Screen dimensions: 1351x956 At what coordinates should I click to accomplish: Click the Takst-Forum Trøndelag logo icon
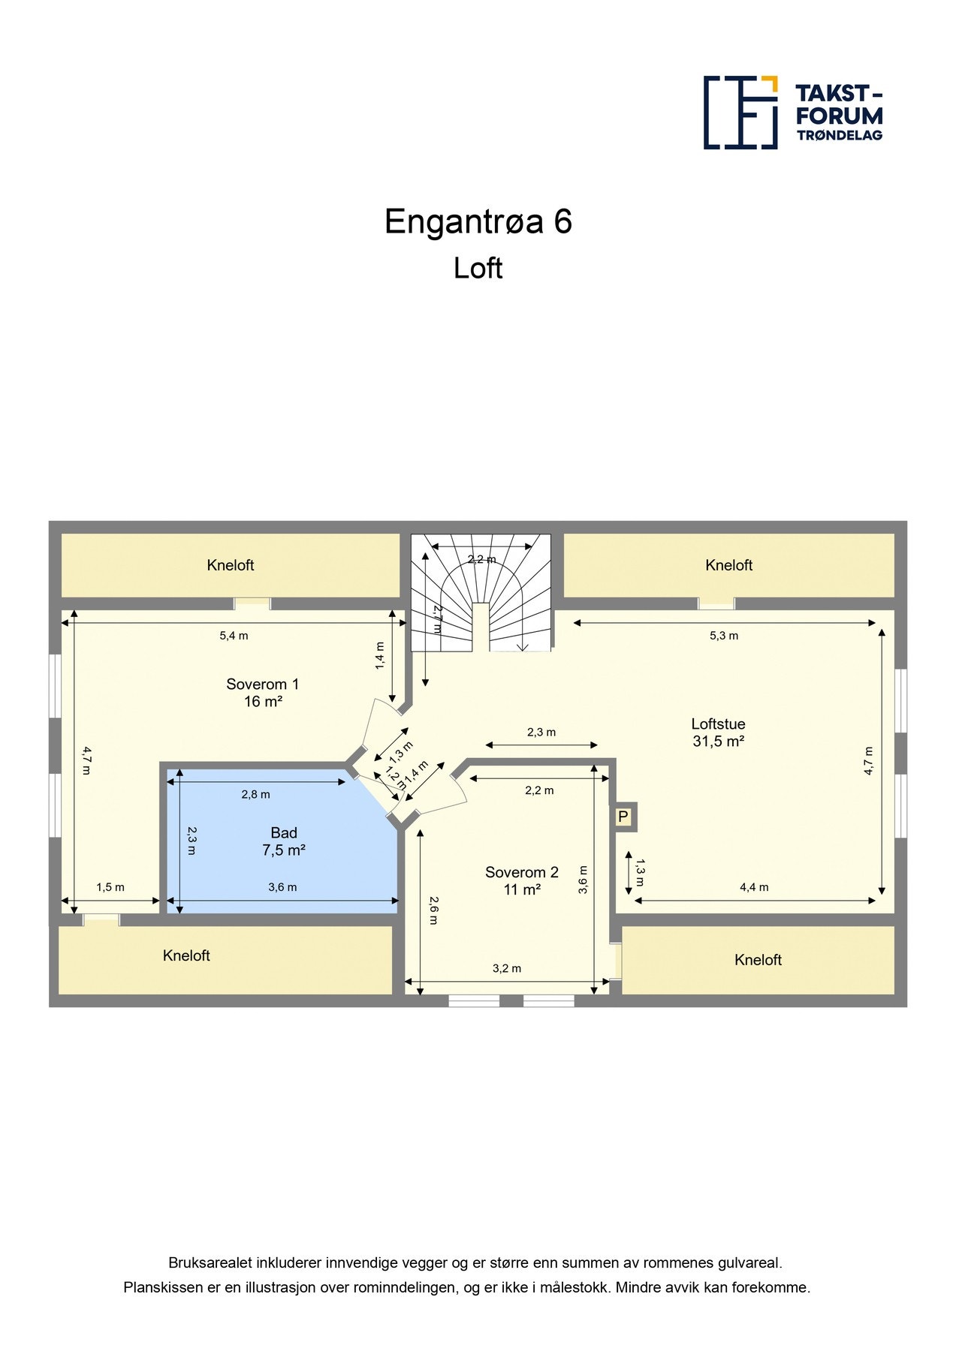pos(740,112)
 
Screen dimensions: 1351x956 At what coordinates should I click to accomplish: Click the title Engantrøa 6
pos(478,221)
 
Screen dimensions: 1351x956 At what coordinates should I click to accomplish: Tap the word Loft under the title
pos(478,268)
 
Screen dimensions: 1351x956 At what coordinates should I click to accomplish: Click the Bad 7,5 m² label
pos(283,841)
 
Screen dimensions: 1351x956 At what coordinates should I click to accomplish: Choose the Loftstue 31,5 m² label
pos(718,733)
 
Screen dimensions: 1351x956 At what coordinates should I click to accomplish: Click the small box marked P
pos(623,816)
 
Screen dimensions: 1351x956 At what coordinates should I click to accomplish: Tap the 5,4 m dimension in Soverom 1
pos(234,636)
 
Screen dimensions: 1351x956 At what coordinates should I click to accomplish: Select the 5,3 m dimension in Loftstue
pos(723,636)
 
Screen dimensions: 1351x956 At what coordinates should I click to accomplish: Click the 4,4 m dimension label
pos(754,887)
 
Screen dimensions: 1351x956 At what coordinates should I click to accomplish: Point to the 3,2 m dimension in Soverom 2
pos(506,969)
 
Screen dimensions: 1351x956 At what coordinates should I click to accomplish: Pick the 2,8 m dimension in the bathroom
pos(255,794)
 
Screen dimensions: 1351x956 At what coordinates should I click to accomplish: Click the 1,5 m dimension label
pos(110,887)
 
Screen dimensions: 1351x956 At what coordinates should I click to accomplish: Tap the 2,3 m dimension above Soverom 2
pos(541,733)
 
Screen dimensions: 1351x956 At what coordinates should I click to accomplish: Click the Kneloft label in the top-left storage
pos(231,565)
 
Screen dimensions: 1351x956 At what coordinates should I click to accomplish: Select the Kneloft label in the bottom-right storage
pos(758,960)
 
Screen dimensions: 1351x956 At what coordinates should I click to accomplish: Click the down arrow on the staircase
pos(523,645)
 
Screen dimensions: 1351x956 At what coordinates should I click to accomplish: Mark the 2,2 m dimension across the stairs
pos(481,559)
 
